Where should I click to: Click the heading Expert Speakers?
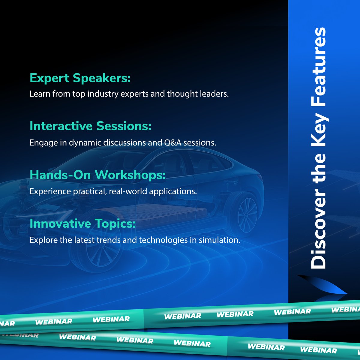pyautogui.click(x=80, y=78)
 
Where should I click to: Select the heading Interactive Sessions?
pyautogui.click(x=90, y=126)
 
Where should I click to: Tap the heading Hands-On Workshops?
pyautogui.click(x=97, y=175)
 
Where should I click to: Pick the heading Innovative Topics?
pyautogui.click(x=82, y=223)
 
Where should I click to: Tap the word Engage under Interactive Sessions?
pyautogui.click(x=40, y=143)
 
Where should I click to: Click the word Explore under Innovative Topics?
pyautogui.click(x=40, y=240)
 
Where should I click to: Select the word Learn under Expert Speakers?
pyautogui.click(x=40, y=94)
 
